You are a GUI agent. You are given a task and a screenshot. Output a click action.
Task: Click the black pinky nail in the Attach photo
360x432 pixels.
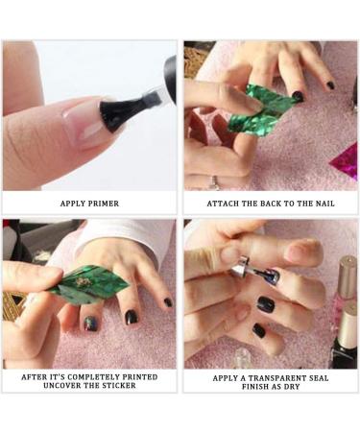click(329, 85)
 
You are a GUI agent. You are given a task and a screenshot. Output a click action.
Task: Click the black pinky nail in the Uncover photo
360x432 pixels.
click(167, 301)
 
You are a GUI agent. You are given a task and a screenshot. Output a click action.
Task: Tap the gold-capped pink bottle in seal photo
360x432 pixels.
click(344, 288)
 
